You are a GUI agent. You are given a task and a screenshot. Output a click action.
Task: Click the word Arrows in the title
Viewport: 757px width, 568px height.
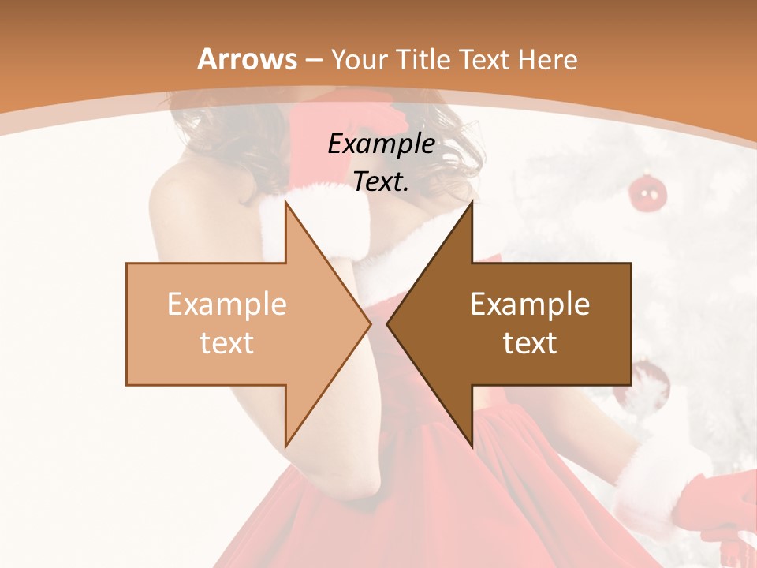pos(247,59)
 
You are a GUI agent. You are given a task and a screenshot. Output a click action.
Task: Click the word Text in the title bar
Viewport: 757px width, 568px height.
pos(485,59)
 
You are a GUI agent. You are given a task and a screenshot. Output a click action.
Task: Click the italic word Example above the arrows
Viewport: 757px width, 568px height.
pos(381,144)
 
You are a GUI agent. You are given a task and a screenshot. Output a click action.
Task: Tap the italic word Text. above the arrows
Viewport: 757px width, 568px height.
pos(381,182)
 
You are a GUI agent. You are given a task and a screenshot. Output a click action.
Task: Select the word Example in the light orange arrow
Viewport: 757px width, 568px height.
pos(226,304)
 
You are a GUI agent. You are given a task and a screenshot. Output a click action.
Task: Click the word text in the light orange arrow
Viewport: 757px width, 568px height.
pos(226,342)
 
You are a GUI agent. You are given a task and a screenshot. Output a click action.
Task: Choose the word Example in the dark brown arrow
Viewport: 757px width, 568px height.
pos(530,304)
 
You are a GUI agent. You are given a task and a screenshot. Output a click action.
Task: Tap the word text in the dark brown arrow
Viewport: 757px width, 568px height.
pos(530,342)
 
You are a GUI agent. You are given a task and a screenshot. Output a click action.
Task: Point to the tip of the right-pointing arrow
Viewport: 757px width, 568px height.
pos(370,323)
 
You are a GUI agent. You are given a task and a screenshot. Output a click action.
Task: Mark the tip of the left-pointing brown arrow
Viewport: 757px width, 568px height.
pos(387,323)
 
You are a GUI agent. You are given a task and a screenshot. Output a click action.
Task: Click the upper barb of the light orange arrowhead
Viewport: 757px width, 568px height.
pos(286,204)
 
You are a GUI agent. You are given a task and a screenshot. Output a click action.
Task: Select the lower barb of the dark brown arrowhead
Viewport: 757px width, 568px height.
pos(472,443)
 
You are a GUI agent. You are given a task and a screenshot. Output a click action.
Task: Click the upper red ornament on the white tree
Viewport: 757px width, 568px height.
pos(647,192)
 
